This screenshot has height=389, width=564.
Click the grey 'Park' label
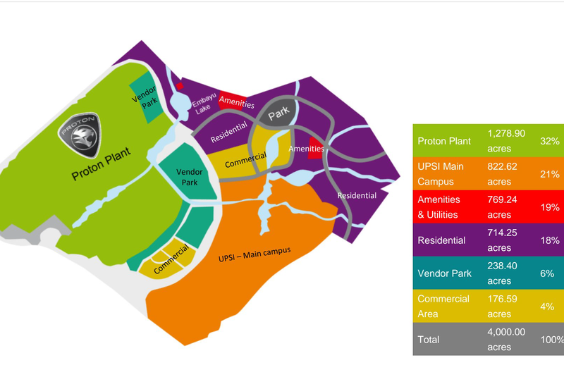(x=278, y=111)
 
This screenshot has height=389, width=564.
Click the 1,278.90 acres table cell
(x=505, y=140)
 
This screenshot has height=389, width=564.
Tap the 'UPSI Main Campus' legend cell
(x=446, y=173)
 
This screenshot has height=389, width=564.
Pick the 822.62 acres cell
(x=505, y=173)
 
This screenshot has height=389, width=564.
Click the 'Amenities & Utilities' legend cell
(x=446, y=207)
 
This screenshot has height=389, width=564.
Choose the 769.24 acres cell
(x=505, y=207)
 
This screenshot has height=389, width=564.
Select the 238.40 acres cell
(x=505, y=273)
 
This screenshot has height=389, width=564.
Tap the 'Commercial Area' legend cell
(x=446, y=306)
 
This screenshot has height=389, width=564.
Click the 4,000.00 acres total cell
(x=505, y=339)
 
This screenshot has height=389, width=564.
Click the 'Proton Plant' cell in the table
(x=446, y=141)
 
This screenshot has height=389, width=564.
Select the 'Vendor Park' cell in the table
(x=444, y=273)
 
